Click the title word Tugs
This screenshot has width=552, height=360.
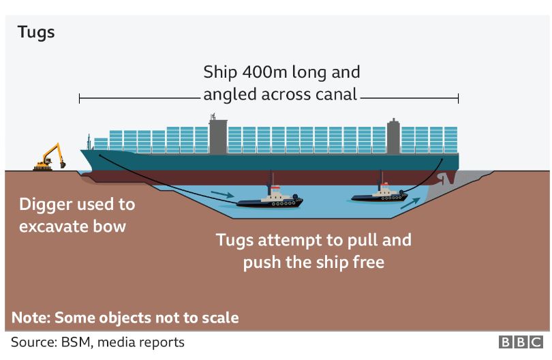point(36,32)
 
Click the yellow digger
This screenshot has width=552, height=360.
point(51,158)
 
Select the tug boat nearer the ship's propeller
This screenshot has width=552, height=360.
point(379,194)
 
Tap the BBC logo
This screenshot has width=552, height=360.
point(521,342)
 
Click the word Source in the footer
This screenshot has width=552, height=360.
point(30,342)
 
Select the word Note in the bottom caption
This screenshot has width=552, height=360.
point(30,317)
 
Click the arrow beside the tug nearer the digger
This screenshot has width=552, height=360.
point(221,196)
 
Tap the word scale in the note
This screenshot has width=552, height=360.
point(219,317)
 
